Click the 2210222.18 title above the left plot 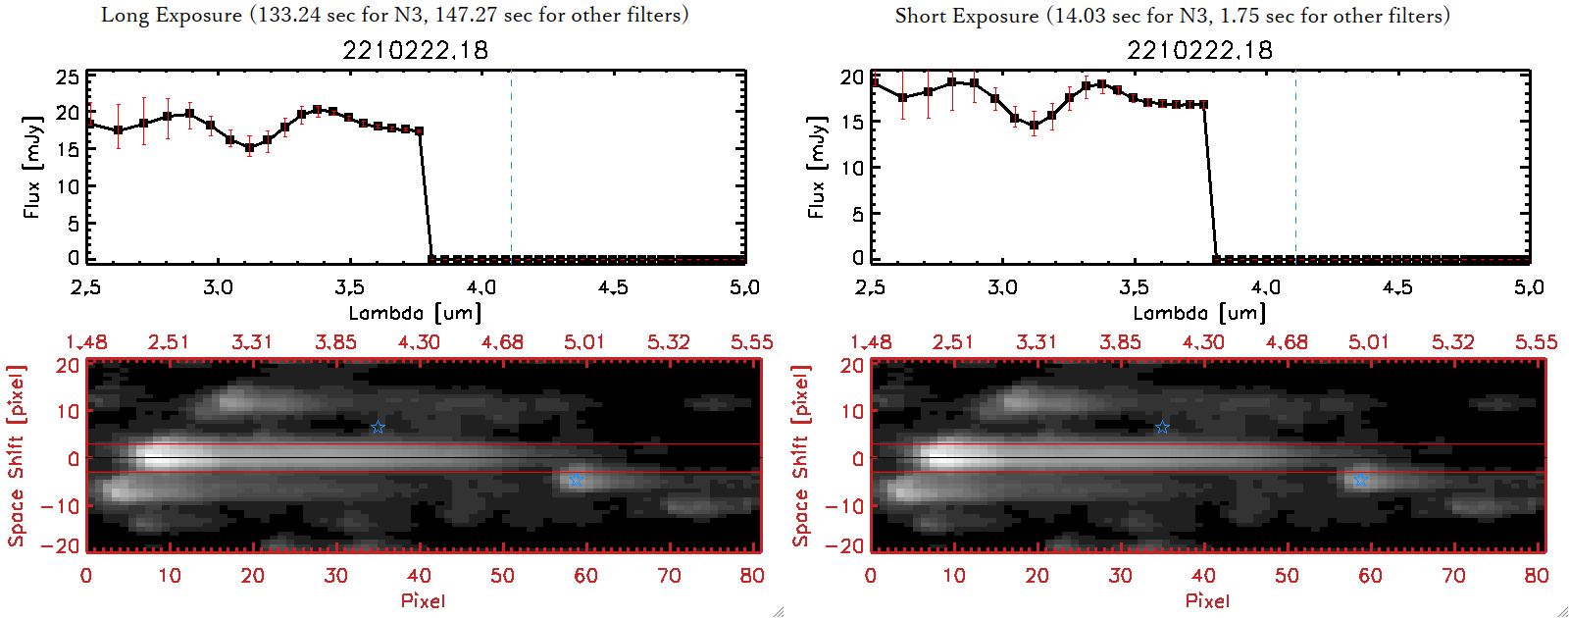[x=415, y=50]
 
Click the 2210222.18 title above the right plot [x=1199, y=50]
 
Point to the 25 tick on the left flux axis [x=68, y=77]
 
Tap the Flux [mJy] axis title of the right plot [x=816, y=167]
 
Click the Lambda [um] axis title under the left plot [x=415, y=313]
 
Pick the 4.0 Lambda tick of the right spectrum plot [x=1266, y=287]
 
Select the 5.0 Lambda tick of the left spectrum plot [x=744, y=287]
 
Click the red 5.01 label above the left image [x=584, y=342]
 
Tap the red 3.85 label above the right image [x=1120, y=342]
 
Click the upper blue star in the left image [x=378, y=428]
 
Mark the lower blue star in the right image [x=1360, y=480]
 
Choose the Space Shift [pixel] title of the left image [x=16, y=456]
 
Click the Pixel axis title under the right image [x=1207, y=600]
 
